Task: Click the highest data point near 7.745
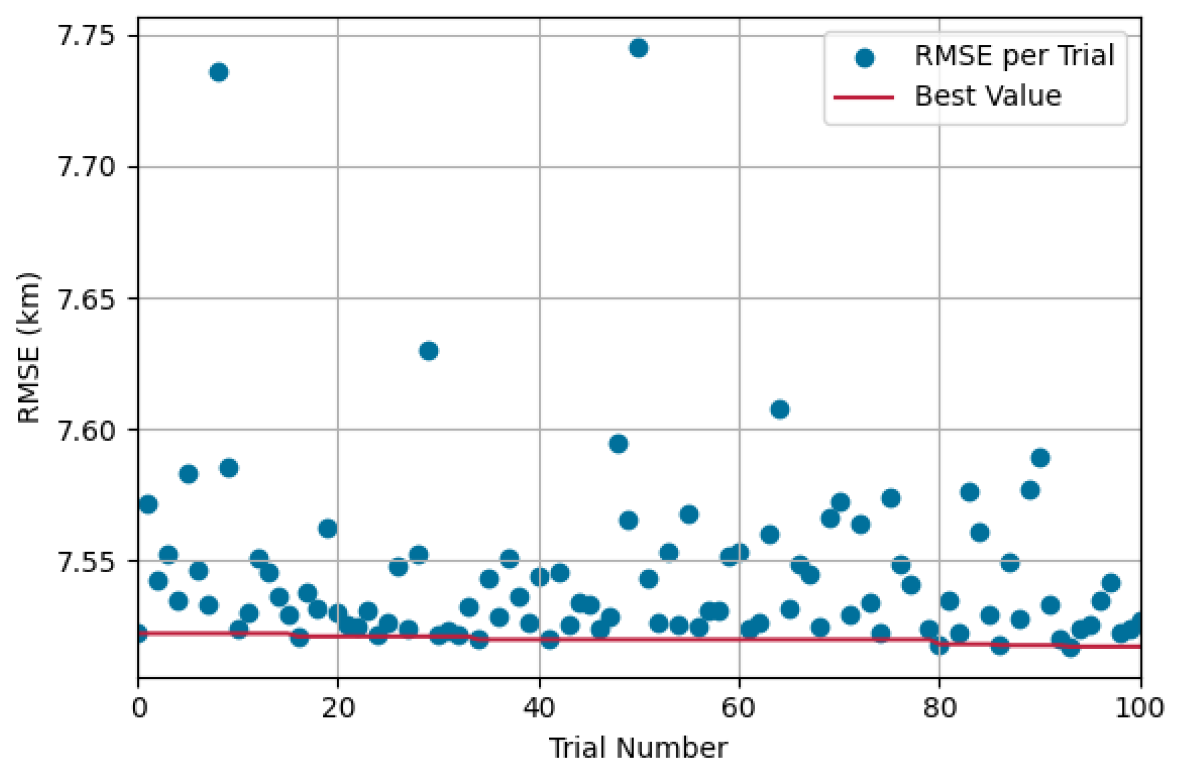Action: tap(638, 48)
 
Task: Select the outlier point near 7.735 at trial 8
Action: tap(219, 72)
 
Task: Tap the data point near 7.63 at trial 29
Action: tap(428, 351)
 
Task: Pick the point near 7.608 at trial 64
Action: tap(780, 409)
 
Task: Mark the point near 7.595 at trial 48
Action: tap(618, 444)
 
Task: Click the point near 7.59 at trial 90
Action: tap(1040, 458)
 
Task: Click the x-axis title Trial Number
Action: tap(638, 748)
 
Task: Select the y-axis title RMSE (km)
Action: tap(29, 348)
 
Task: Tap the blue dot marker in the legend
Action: tap(864, 57)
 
